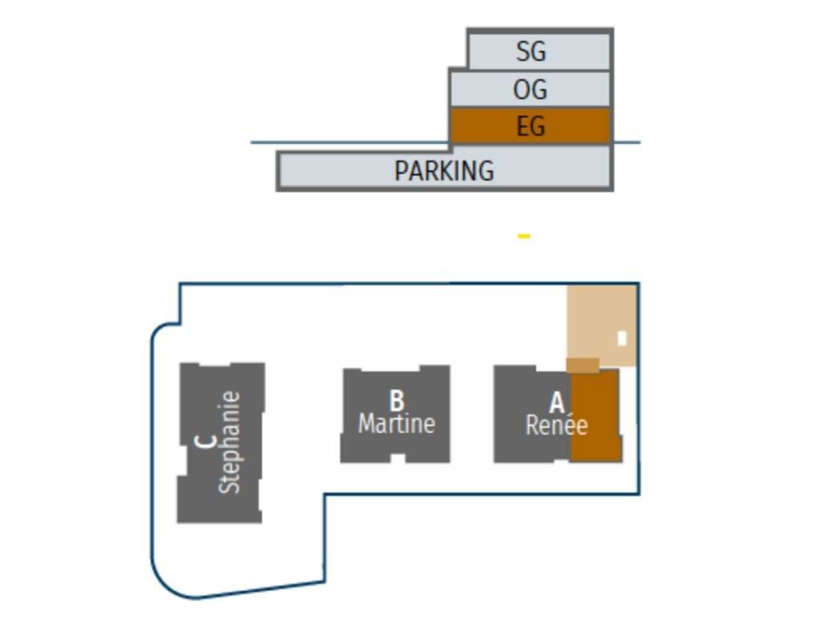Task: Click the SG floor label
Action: (x=530, y=51)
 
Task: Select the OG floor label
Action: (x=530, y=89)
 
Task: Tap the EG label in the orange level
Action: (x=530, y=126)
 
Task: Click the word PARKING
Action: (x=444, y=170)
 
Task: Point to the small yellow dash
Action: (x=524, y=236)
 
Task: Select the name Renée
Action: (x=556, y=425)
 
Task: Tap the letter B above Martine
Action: (x=396, y=400)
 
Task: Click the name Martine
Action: (x=396, y=423)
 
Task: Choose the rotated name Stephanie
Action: (x=230, y=442)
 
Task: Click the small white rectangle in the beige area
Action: (x=621, y=339)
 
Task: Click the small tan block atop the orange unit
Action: (x=583, y=366)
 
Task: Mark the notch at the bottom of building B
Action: (x=396, y=459)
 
